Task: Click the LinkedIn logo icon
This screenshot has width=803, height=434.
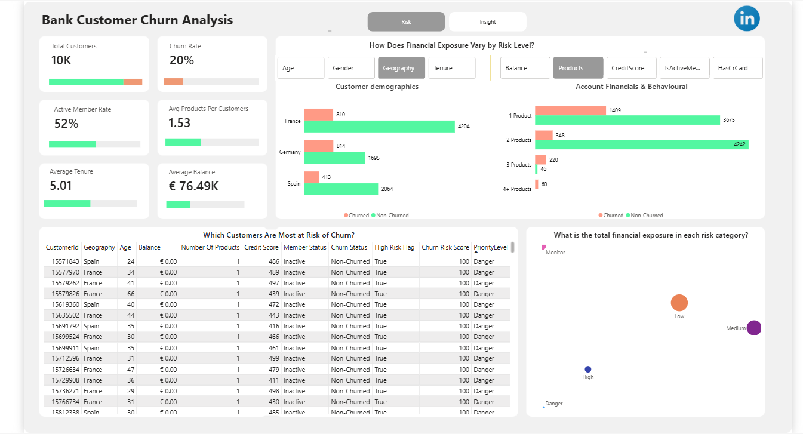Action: [747, 19]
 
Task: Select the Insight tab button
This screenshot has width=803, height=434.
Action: [487, 22]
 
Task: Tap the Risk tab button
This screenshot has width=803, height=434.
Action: [406, 22]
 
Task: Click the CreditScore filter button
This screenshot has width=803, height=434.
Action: [632, 68]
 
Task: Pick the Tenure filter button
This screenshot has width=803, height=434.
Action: [451, 68]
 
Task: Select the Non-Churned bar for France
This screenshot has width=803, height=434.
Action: [379, 127]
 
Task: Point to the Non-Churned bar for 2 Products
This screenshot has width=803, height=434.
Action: [641, 144]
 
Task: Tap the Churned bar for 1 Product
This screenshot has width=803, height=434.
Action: [570, 110]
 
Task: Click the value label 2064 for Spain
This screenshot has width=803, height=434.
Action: [387, 189]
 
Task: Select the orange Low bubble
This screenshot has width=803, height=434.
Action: [679, 303]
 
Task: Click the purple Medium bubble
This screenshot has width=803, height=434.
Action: [754, 328]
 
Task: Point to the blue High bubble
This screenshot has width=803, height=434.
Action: [588, 370]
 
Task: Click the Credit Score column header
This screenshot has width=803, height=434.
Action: [261, 247]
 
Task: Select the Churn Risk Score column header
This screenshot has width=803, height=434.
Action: [445, 247]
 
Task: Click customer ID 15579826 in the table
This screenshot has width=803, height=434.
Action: [63, 294]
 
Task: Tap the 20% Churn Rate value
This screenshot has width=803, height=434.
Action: [181, 60]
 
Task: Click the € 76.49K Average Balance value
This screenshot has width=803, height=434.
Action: [193, 186]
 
